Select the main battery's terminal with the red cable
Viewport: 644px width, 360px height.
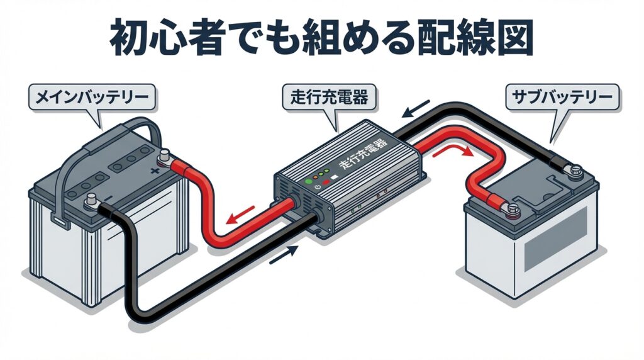pos(165,155)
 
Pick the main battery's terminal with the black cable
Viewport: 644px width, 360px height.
pos(90,203)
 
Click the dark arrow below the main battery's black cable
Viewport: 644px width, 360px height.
pos(284,255)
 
